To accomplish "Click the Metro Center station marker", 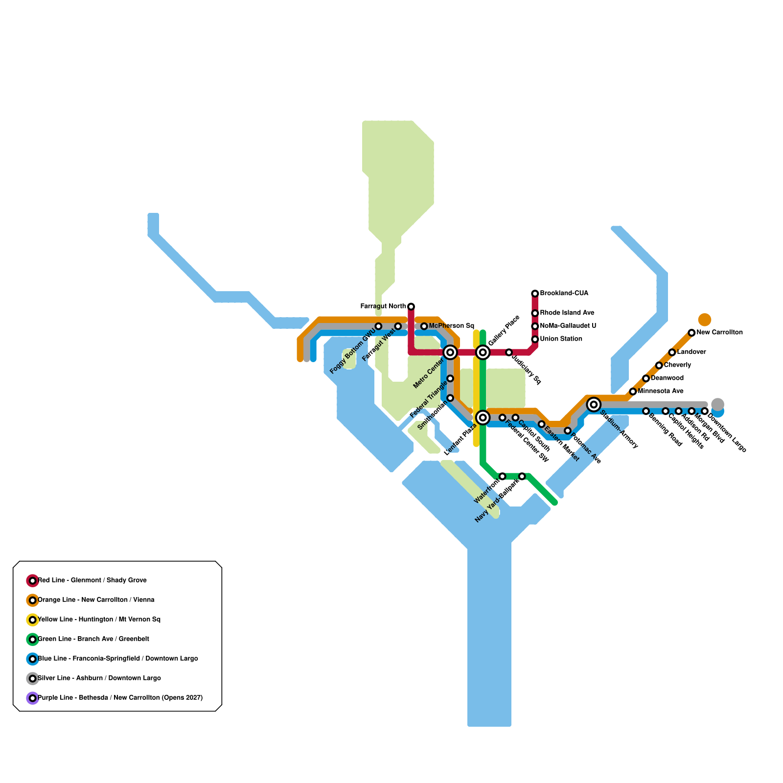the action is (450, 352).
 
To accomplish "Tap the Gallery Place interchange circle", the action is (483, 352).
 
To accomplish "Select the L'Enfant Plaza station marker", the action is (483, 417).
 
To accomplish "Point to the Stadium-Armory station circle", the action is (594, 405).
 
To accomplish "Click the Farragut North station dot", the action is (411, 307).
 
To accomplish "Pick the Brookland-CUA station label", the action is (564, 294).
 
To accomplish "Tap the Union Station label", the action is (561, 339).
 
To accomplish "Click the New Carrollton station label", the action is (719, 333).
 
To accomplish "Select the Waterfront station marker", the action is (502, 476).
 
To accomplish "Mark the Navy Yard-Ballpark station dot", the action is (522, 476).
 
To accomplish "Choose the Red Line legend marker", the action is (32, 581).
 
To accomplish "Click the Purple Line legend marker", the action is (32, 698).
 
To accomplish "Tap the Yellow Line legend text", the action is (99, 620).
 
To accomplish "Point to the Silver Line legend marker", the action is (32, 679).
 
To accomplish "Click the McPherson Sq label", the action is (451, 326).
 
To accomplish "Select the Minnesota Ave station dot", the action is (633, 391).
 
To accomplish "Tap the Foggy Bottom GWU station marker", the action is (378, 326).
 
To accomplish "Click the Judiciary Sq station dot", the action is (509, 352).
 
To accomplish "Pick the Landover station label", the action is (691, 352).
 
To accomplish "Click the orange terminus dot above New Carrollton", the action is (704, 320).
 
